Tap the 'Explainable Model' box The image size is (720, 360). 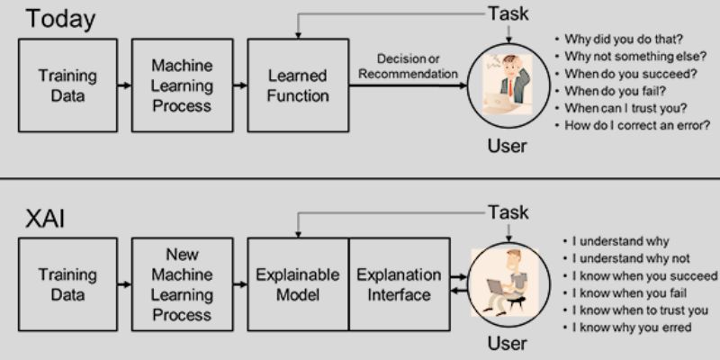(297, 284)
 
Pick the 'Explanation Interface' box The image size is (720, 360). (399, 284)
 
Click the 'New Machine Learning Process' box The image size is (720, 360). (182, 284)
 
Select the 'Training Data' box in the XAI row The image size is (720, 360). (67, 284)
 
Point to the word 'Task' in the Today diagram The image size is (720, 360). (508, 13)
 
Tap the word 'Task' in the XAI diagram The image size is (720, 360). (508, 213)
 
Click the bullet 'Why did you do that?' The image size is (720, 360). (620, 39)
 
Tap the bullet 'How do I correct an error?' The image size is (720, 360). (637, 125)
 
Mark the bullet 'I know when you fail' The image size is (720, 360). (629, 292)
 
